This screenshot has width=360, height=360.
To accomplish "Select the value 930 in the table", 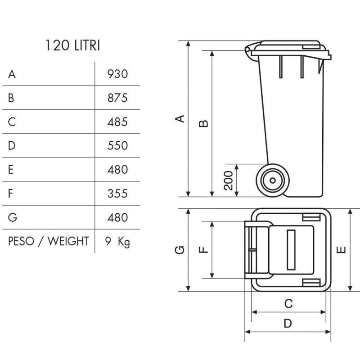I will coord(118,74).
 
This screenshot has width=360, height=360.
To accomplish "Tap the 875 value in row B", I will coord(118,98).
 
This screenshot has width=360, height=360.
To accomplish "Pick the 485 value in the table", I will coord(118,122).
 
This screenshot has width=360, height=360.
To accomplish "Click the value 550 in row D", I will coord(118,146).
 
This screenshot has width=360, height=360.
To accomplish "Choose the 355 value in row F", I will coord(118,193).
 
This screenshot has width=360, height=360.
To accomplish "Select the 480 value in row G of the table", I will coord(118,218).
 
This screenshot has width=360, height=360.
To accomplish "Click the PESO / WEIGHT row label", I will coord(48,241).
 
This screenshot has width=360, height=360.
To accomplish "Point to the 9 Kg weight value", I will coord(117,242).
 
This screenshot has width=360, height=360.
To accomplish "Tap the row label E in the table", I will coord(11,170).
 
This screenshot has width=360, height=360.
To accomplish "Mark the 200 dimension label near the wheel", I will coord(229,180).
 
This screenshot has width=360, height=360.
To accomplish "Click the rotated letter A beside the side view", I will coord(180,119).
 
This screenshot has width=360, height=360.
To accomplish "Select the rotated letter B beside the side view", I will coord(203,123).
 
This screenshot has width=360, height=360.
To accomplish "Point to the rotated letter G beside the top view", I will coord(180,250).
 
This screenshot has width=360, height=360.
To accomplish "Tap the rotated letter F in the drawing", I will coord(203,250).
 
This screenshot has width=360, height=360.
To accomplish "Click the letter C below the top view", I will coord(289,304).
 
